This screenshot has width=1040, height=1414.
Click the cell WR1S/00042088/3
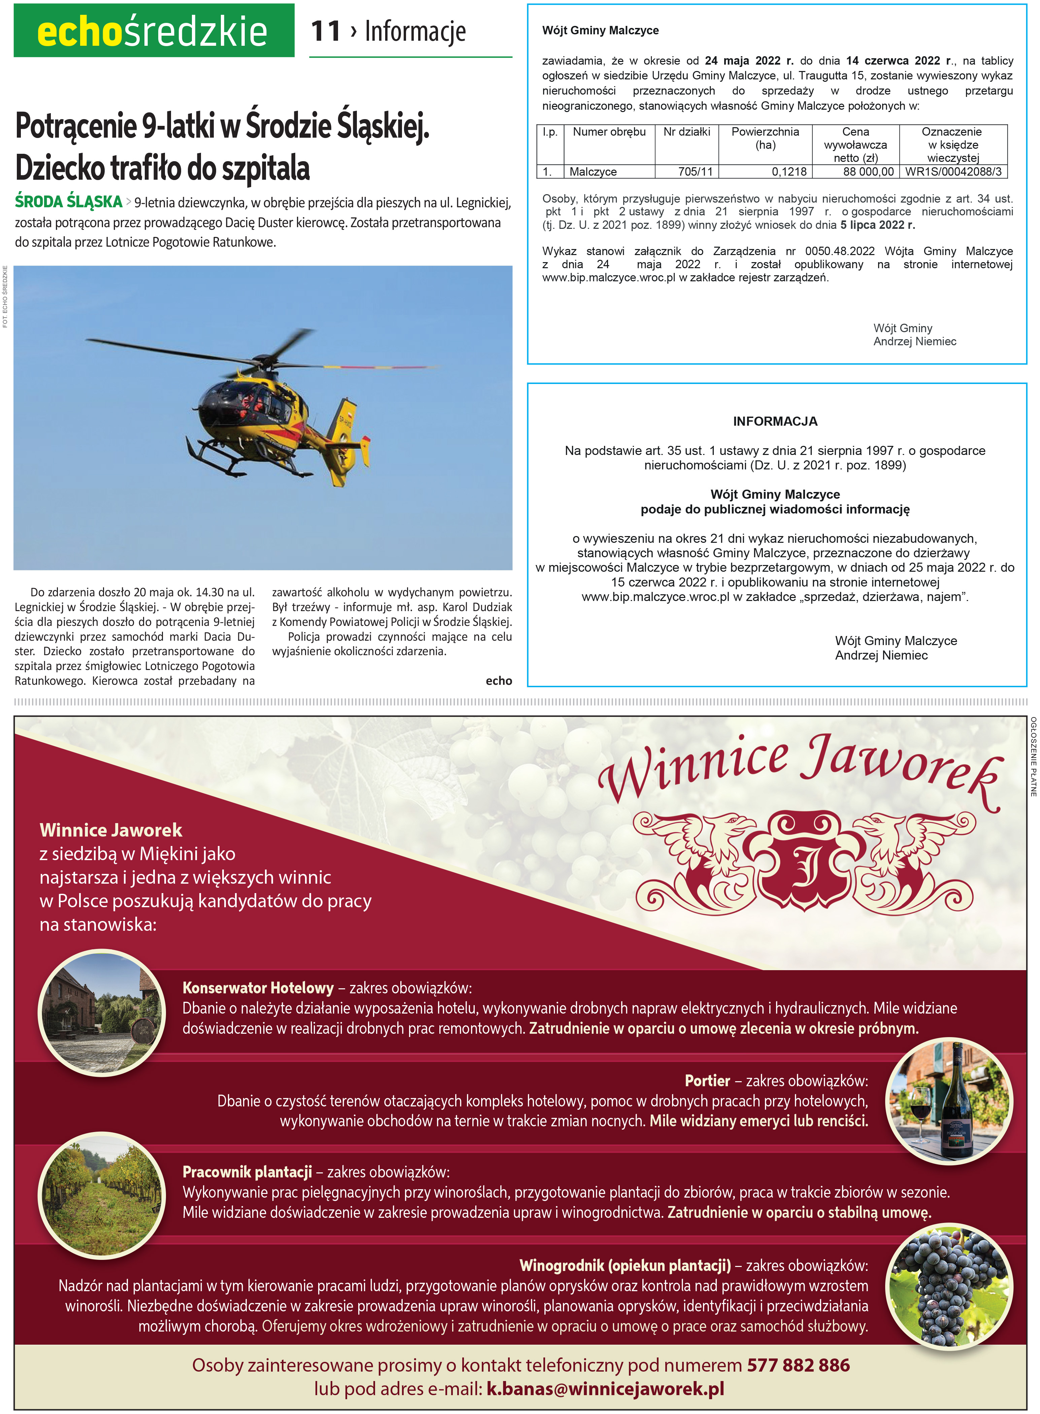[x=952, y=171]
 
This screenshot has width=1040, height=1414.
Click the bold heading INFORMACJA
[x=775, y=422]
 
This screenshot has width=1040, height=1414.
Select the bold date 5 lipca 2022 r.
[x=878, y=225]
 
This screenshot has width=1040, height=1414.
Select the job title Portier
[x=707, y=1081]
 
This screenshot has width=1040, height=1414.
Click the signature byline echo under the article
[x=499, y=681]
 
